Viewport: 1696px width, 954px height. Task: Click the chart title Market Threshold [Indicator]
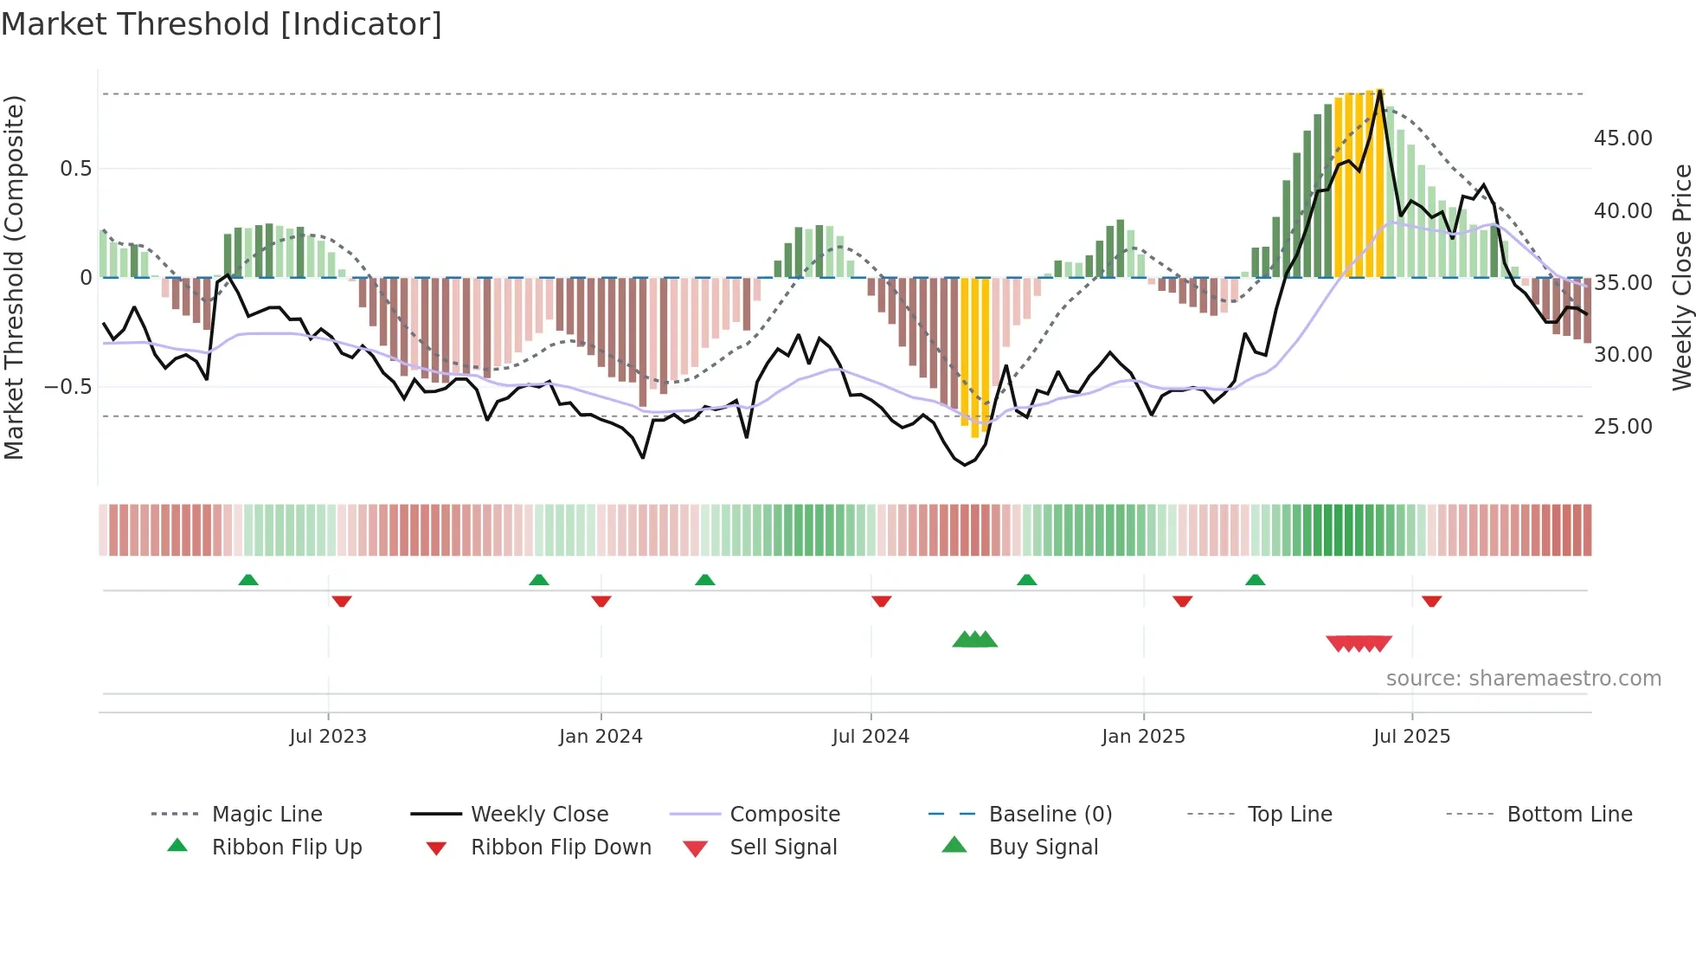point(222,24)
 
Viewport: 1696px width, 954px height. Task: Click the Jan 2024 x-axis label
point(601,737)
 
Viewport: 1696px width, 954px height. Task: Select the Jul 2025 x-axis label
point(1411,737)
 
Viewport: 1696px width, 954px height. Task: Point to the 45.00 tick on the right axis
point(1622,139)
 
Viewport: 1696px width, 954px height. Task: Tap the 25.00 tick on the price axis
point(1622,427)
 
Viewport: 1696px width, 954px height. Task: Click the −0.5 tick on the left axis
point(67,387)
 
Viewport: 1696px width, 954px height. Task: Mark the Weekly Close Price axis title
point(1681,277)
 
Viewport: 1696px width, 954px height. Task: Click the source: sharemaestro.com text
point(1523,679)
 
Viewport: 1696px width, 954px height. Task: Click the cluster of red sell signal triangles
point(1359,643)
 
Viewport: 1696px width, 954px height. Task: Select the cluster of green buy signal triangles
point(975,640)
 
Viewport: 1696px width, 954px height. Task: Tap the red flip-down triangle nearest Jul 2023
point(342,601)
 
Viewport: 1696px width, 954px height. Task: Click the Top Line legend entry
point(1289,815)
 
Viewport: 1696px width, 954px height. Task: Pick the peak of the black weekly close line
point(1380,89)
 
